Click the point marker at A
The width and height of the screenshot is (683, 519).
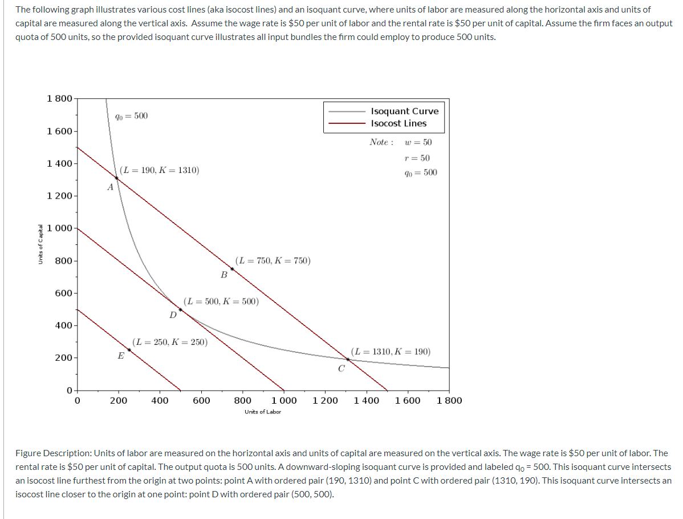[x=116, y=178]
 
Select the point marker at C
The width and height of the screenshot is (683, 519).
[x=347, y=359]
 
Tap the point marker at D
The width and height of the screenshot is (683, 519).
[x=180, y=309]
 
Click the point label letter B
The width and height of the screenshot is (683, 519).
[x=224, y=275]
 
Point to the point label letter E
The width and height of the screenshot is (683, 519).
[x=120, y=356]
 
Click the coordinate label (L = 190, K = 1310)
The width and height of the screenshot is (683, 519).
[x=160, y=170]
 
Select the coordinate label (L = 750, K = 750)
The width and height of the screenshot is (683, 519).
[x=273, y=261]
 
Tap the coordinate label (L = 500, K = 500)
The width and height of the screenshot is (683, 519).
[x=221, y=301]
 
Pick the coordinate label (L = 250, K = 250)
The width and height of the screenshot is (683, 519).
[x=170, y=342]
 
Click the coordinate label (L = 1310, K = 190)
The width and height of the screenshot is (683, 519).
[x=391, y=352]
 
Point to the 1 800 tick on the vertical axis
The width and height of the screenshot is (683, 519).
[x=59, y=98]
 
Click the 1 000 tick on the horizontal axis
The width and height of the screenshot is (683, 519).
[x=284, y=401]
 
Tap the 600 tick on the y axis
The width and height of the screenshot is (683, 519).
[x=63, y=293]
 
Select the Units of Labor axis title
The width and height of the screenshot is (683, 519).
[x=263, y=412]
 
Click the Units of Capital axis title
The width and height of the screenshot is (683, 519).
[x=40, y=244]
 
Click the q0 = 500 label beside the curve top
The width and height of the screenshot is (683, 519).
[x=131, y=116]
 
